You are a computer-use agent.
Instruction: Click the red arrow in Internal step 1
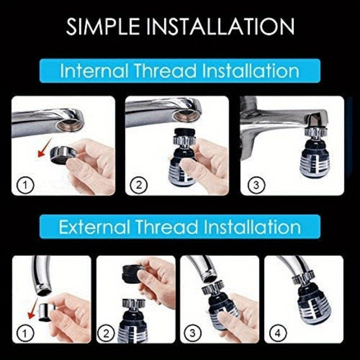tap(43, 153)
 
